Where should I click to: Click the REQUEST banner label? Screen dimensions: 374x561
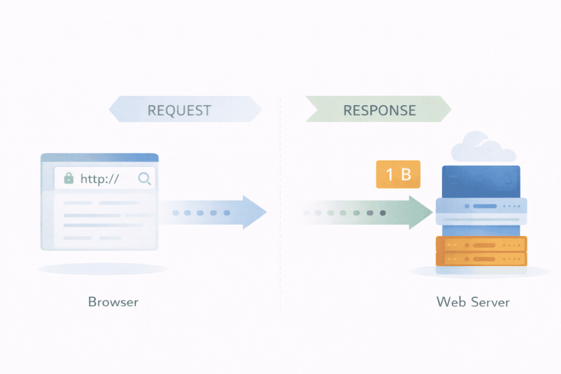tap(179, 110)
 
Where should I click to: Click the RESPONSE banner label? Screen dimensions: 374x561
tap(379, 110)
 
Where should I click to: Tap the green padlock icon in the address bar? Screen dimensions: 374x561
tap(68, 179)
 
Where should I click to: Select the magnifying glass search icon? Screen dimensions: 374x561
tap(145, 179)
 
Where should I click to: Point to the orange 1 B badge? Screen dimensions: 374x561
tap(398, 175)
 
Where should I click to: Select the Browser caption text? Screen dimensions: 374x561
tap(113, 302)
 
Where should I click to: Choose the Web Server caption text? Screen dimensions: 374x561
tap(473, 302)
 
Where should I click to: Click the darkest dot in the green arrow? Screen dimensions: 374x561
tap(382, 212)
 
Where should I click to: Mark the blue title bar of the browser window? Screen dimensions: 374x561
tap(99, 158)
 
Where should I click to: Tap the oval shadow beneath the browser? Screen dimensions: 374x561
tap(102, 269)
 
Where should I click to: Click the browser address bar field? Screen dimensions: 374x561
tap(104, 179)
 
